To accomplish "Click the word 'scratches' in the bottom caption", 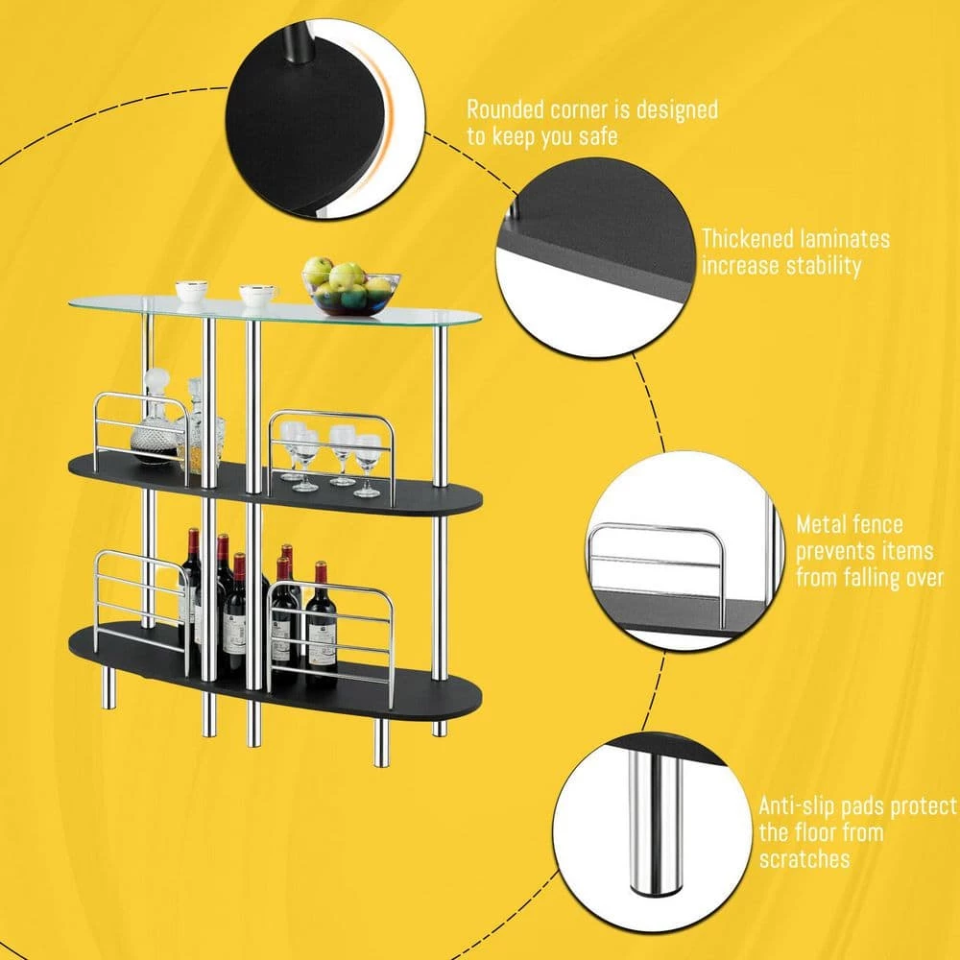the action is (804, 859).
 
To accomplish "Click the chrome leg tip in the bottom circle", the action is (655, 888).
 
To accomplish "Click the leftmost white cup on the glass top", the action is (192, 291).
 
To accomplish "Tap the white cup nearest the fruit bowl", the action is (257, 295).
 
